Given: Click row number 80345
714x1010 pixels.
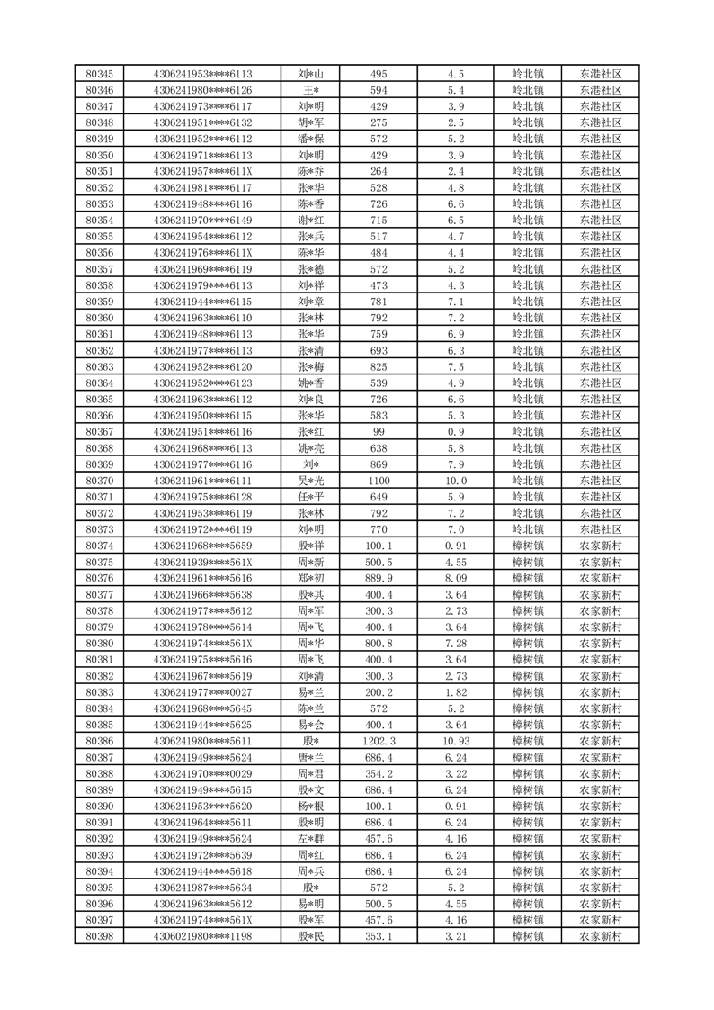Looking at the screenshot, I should coord(99,74).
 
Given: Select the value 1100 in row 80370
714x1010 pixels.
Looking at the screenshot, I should coord(379,481).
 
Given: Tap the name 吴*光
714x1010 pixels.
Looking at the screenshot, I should coord(311,481).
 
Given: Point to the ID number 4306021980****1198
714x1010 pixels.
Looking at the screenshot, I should coord(203,936).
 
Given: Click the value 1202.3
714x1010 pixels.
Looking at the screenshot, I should coord(379,741).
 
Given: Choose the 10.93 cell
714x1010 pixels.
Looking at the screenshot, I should coord(455,741).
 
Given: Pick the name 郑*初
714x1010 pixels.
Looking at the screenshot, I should coord(311,578).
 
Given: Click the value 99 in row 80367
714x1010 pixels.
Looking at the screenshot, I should coord(379,432).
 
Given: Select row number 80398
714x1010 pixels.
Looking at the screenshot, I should coord(99,936).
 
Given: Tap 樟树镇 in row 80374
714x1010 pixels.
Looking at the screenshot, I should coord(528,546).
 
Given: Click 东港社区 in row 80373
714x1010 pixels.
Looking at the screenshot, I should coord(601,529).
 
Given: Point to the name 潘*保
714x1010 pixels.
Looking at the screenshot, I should coord(311,139).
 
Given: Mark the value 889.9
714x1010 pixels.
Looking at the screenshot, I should coord(379,578).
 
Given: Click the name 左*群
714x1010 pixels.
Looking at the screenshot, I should coord(311,838).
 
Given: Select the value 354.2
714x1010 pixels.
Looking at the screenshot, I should coord(379,773).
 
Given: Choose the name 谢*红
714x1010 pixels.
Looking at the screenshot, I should coord(311,221).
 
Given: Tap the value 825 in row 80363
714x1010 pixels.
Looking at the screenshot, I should coord(379,366).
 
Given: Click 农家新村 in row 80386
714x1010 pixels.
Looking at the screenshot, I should coord(601,741).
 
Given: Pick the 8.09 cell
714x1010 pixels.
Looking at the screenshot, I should coord(455,578).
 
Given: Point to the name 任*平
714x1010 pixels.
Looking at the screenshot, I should coord(311,497).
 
